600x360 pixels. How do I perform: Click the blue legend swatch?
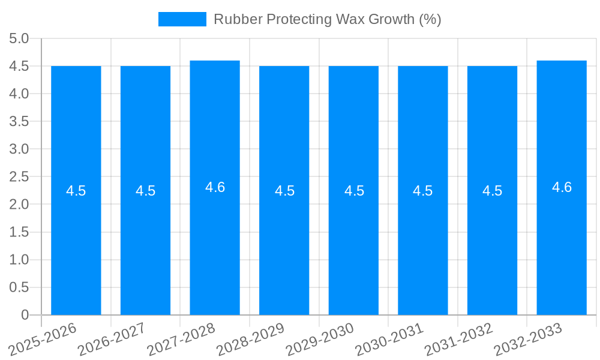point(182,19)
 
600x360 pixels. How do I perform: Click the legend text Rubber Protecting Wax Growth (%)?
point(328,19)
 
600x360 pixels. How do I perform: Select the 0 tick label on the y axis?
point(25,315)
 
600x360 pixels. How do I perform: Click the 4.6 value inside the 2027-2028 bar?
point(215,187)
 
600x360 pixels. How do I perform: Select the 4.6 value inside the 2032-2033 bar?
point(562,187)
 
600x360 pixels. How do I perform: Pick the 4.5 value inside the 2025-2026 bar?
point(76,191)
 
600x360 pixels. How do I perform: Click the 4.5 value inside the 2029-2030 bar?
point(354,191)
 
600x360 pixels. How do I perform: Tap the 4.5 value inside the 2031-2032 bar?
point(493,191)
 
